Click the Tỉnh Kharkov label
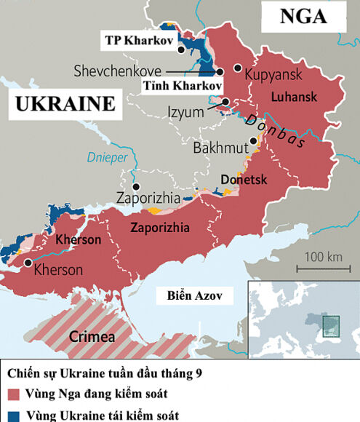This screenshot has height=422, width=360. [182, 87]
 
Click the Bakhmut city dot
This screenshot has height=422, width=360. [252, 141]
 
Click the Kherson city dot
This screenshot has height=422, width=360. [28, 263]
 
